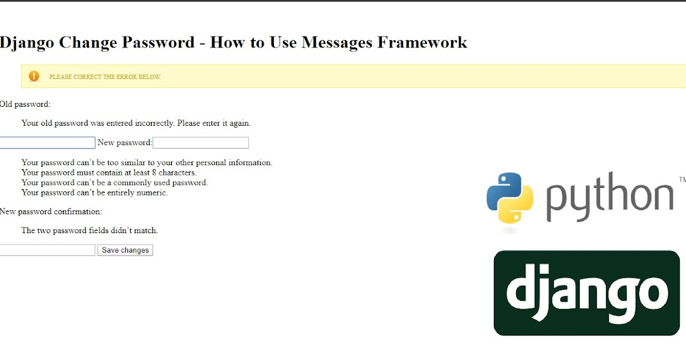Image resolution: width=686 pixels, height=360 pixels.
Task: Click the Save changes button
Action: coord(125,250)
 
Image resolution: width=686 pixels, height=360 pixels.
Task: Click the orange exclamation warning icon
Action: coord(34,76)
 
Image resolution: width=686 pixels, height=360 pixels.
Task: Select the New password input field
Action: coord(201,143)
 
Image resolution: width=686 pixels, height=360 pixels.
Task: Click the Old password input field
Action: coord(47,143)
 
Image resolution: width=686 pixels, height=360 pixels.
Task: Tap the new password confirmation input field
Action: coord(47,250)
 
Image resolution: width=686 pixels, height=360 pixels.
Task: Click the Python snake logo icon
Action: coord(510,197)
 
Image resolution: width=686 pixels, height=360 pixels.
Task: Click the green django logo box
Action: coord(587,293)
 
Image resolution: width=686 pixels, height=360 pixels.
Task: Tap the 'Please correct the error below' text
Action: coord(105,77)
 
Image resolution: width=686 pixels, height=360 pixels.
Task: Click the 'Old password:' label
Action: coord(25,105)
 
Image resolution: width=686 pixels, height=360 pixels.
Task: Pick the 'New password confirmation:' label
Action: coord(51,211)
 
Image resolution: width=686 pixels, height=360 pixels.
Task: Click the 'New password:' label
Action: coord(125,143)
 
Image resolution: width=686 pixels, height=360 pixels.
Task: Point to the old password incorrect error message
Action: coord(136,123)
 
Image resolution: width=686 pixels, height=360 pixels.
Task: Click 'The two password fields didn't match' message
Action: coord(89,231)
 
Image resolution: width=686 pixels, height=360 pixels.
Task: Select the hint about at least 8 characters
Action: coord(109,173)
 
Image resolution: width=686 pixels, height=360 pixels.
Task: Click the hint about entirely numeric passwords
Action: coord(94,193)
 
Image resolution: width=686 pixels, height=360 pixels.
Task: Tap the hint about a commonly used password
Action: coord(114,183)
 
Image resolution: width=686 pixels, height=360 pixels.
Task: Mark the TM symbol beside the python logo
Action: coord(682,179)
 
